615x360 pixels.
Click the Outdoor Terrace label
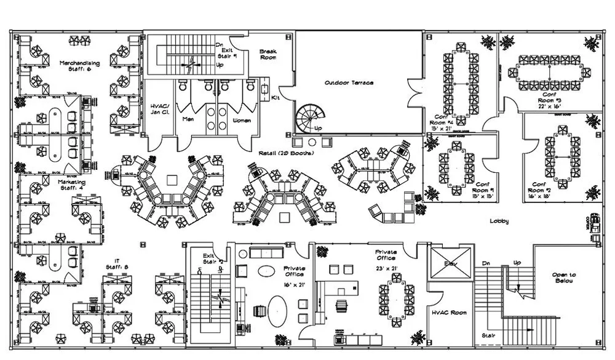coord(349,82)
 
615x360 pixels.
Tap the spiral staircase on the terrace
coord(309,118)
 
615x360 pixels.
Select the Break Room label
coord(268,54)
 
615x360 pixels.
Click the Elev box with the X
coord(451,263)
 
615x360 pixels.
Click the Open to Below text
coord(564,279)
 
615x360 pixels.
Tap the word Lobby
coord(499,221)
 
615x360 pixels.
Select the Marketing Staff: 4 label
coord(72,185)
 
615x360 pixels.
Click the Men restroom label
coord(188,120)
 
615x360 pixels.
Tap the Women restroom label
coord(242,120)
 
